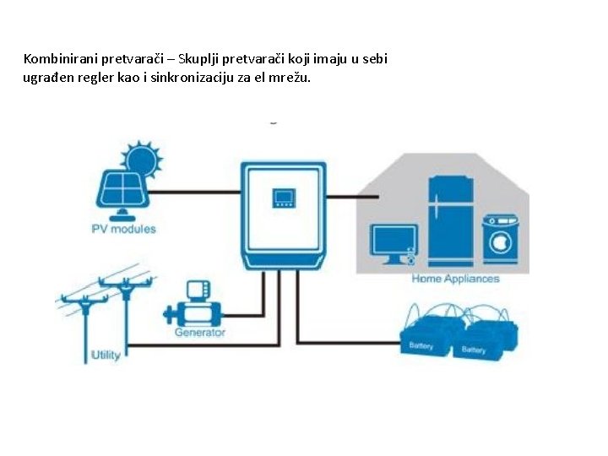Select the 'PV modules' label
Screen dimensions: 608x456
click(x=123, y=229)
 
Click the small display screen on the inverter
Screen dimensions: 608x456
click(x=283, y=198)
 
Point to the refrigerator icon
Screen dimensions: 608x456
click(x=450, y=220)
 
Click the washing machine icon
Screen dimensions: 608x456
click(x=500, y=240)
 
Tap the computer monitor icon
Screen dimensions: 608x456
click(x=394, y=242)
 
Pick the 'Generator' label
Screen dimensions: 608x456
click(x=200, y=333)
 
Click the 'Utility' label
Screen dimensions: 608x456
click(x=106, y=354)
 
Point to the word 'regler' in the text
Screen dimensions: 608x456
click(x=92, y=78)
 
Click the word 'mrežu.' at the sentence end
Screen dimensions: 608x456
click(x=290, y=78)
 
